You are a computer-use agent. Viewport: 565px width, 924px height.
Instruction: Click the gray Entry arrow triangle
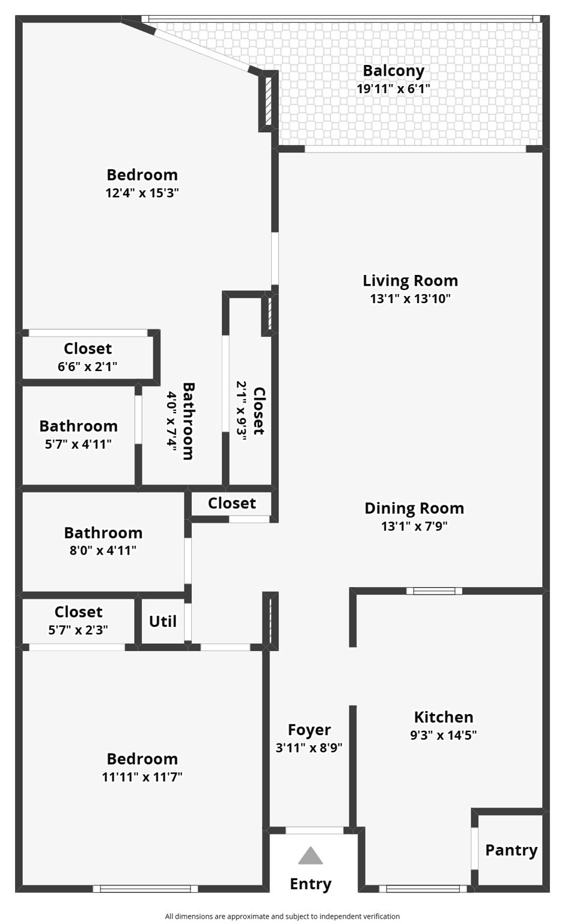point(310,855)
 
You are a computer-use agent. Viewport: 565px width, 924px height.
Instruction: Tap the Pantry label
point(511,850)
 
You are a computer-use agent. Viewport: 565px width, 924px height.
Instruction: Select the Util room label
point(163,621)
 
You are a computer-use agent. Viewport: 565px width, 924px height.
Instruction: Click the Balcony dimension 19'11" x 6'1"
point(393,88)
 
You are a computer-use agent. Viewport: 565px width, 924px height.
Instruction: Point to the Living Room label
point(410,280)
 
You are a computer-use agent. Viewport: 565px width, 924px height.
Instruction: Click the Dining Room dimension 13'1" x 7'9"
point(414,526)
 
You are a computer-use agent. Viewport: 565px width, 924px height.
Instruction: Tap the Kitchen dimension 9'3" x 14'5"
point(444,735)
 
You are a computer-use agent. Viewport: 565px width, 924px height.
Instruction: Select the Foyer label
point(309,730)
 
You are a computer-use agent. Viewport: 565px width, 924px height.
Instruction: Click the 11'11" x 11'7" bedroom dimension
point(142,777)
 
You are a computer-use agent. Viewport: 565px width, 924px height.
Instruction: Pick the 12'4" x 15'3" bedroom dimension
point(142,193)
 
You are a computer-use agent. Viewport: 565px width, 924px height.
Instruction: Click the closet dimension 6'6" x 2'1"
point(87,366)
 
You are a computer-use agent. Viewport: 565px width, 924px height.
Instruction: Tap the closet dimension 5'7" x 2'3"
point(78,630)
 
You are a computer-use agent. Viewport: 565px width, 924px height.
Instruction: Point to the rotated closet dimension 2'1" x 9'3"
point(242,411)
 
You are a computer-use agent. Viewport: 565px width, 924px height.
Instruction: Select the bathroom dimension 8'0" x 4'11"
point(103,550)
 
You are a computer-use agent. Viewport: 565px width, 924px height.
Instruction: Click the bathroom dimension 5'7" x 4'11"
point(78,445)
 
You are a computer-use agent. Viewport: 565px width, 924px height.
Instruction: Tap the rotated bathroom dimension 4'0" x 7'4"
point(171,420)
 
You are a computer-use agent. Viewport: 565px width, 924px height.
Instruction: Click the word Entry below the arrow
point(310,884)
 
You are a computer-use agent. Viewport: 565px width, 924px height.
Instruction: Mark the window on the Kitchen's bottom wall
point(423,888)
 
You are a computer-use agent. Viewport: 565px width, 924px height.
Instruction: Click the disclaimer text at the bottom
point(282,916)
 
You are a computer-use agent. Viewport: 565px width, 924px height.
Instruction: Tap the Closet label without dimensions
point(231,504)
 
